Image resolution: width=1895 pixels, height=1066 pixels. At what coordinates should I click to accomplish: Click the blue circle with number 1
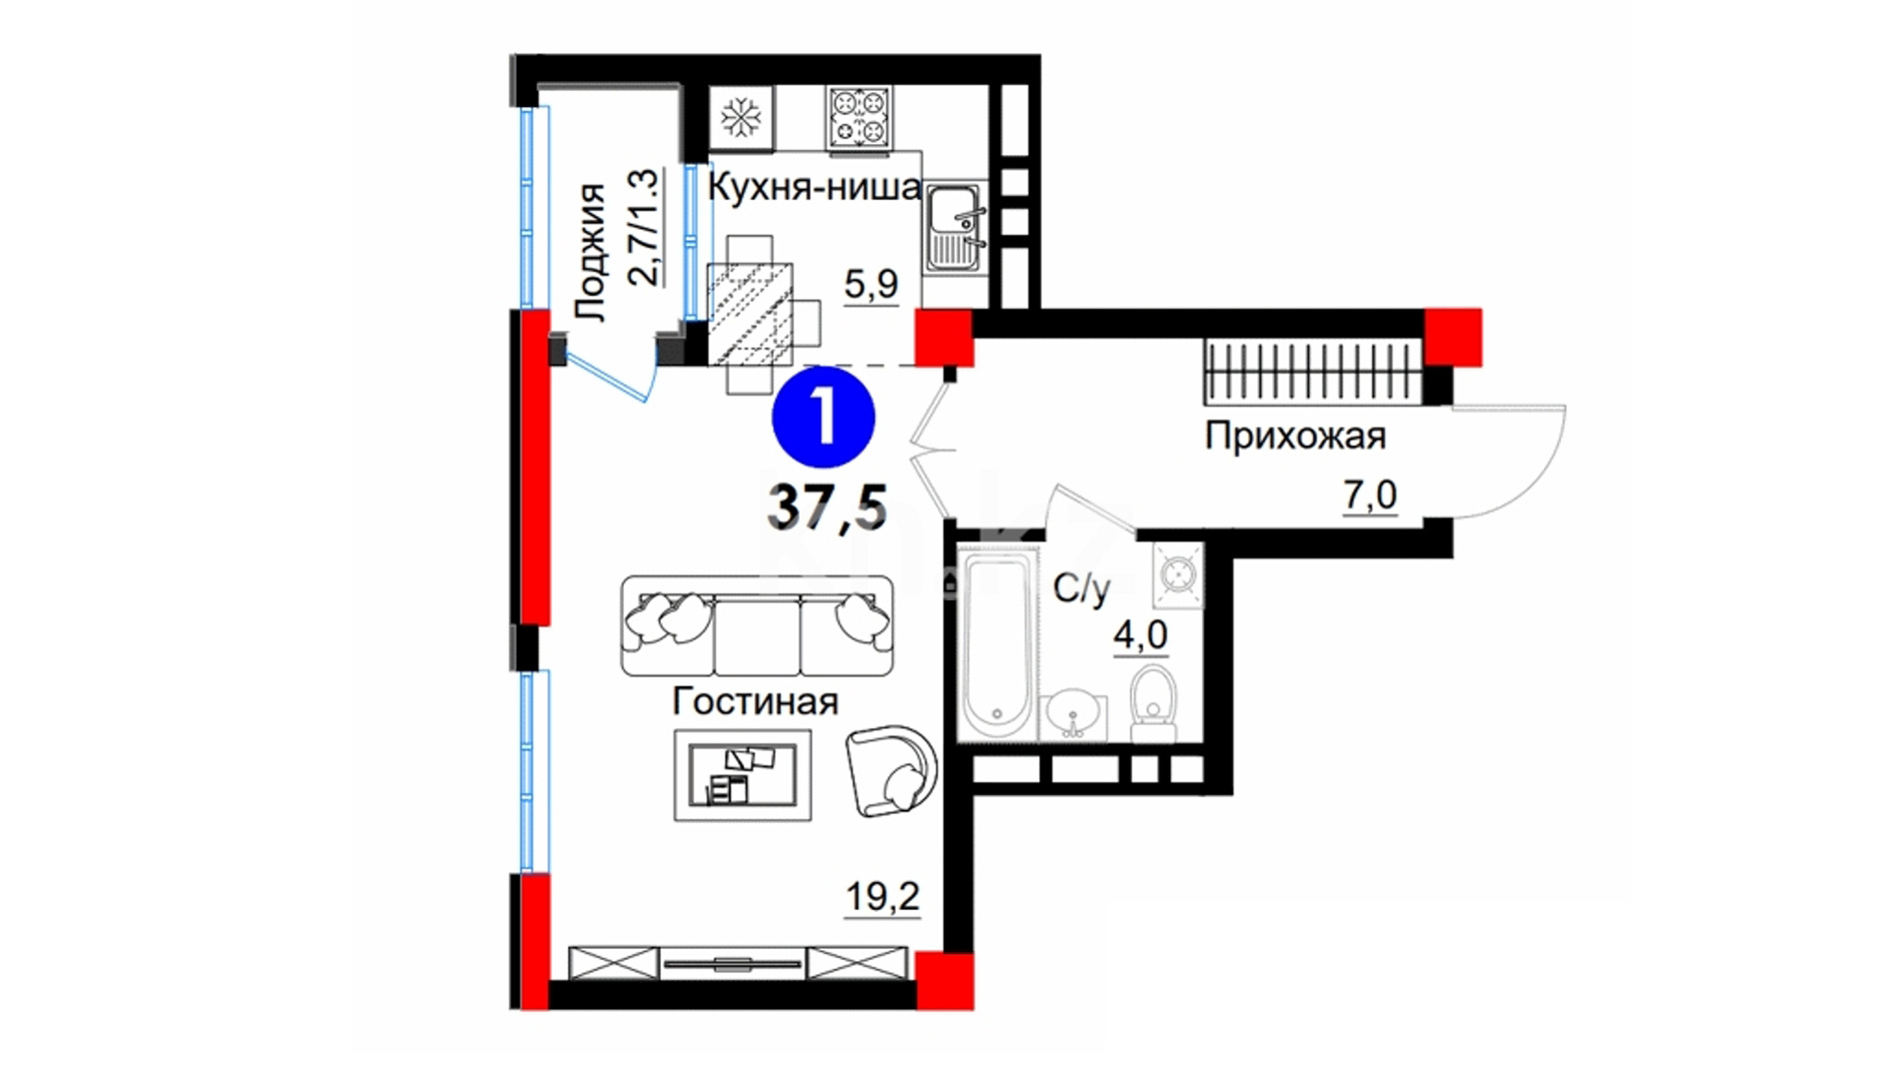(824, 418)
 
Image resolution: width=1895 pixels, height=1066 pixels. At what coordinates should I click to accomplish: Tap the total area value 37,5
(827, 507)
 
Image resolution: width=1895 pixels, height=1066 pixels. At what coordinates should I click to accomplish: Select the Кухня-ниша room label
(815, 187)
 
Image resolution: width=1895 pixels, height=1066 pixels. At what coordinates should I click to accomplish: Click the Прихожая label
(1294, 437)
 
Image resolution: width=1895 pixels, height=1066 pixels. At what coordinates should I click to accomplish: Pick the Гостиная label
(755, 701)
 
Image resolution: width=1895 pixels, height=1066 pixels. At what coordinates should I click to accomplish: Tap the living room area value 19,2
(883, 897)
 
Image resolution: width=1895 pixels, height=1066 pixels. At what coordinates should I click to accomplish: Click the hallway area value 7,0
(1369, 496)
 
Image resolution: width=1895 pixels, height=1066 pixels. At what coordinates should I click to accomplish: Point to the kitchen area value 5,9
(872, 285)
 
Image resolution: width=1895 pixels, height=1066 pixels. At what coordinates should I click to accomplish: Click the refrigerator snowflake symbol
(742, 119)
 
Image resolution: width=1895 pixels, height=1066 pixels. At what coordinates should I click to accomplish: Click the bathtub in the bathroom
(996, 642)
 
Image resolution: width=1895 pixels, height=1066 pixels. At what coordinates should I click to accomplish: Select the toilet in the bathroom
(1154, 704)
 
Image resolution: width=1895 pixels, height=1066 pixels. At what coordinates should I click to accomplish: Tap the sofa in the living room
(757, 625)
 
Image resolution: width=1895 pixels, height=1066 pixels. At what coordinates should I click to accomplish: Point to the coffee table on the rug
(742, 775)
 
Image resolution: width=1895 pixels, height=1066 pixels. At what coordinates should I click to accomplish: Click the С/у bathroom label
(1081, 589)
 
